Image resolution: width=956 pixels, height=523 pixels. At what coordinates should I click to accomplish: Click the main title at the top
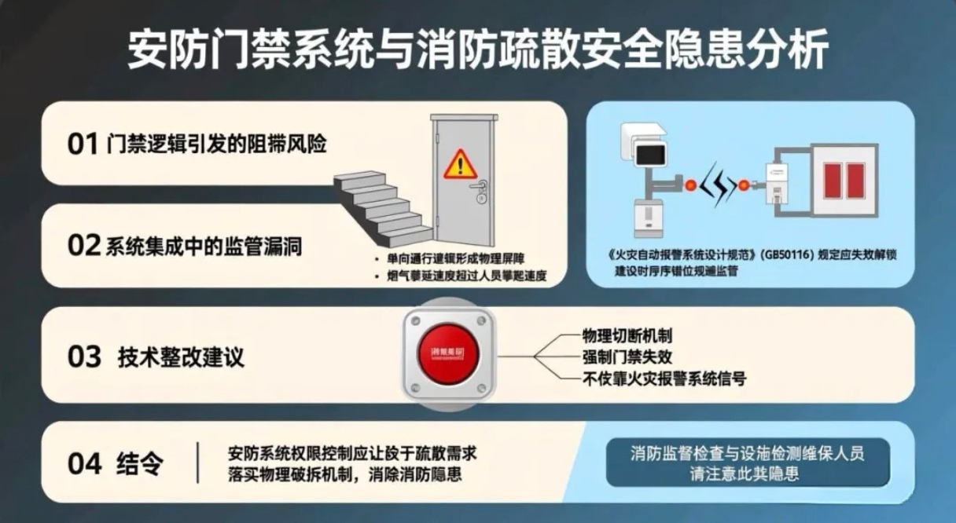tap(478, 51)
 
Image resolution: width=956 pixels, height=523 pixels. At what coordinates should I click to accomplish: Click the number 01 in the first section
tap(82, 145)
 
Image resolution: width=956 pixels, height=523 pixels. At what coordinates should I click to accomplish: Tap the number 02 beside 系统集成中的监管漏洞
tap(83, 246)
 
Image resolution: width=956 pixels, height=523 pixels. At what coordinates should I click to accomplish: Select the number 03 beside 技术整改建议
tap(84, 357)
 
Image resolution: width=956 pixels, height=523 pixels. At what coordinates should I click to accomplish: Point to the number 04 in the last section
tap(84, 463)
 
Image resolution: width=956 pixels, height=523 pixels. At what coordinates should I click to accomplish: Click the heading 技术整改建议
tap(181, 357)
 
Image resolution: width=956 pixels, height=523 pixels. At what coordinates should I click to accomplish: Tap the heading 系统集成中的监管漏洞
tap(204, 247)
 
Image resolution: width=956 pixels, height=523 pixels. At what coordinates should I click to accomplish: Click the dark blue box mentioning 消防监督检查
tap(748, 463)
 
